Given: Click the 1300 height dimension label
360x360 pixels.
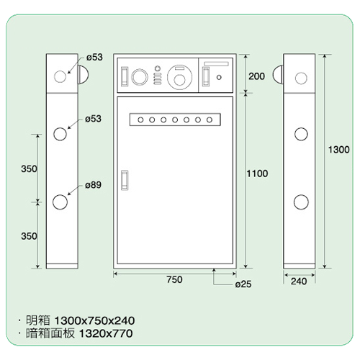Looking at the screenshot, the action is point(338,150).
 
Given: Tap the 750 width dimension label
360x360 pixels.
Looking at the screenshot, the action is point(174,279).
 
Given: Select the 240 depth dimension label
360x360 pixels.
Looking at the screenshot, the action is point(299,282).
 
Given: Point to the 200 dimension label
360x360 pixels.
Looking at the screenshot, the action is point(256,76).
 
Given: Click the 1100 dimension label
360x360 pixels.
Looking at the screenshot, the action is point(257,174).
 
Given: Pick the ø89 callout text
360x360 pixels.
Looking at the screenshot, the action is point(93,185).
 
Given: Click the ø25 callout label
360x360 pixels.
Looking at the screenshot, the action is point(243,284).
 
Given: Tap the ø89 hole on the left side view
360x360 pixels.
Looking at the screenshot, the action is point(60,202).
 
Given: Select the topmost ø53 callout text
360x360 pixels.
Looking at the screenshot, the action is point(94,58).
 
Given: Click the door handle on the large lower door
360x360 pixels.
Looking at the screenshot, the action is point(125,180).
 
